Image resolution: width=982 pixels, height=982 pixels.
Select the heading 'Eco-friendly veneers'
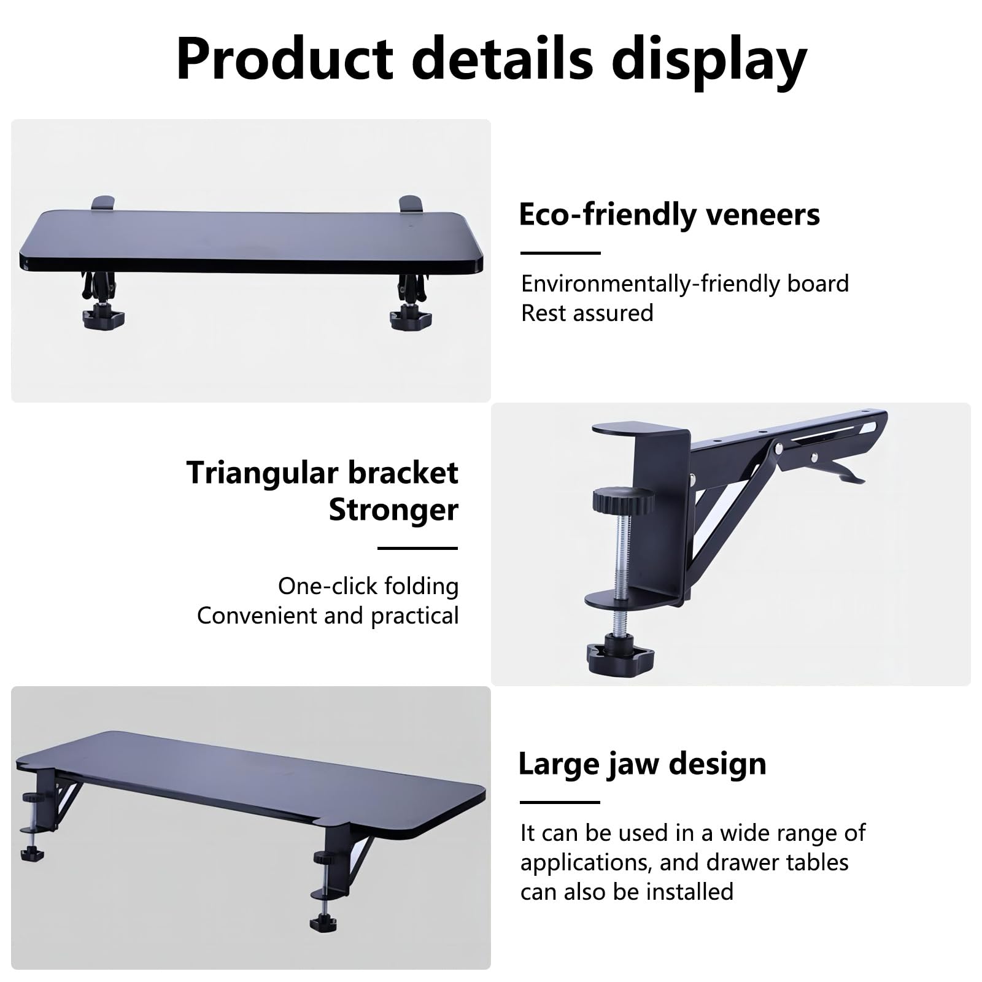pyautogui.click(x=669, y=214)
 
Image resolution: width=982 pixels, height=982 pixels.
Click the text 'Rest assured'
pyautogui.click(x=587, y=313)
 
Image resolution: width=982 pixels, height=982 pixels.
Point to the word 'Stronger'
pyautogui.click(x=393, y=509)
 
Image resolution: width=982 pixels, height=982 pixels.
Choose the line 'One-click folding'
pyautogui.click(x=368, y=586)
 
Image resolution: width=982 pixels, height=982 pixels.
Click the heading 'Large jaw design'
pyautogui.click(x=642, y=765)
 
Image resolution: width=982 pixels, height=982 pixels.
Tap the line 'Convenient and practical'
pyautogui.click(x=328, y=616)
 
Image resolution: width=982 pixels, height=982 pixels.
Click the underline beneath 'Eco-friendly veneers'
pyautogui.click(x=560, y=253)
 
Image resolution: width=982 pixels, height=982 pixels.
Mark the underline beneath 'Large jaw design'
pyautogui.click(x=560, y=802)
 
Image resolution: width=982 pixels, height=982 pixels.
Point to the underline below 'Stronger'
pyautogui.click(x=418, y=548)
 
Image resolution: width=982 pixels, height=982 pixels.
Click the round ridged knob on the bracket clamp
pyautogui.click(x=622, y=500)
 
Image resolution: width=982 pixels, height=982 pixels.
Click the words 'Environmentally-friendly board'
pyautogui.click(x=685, y=284)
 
